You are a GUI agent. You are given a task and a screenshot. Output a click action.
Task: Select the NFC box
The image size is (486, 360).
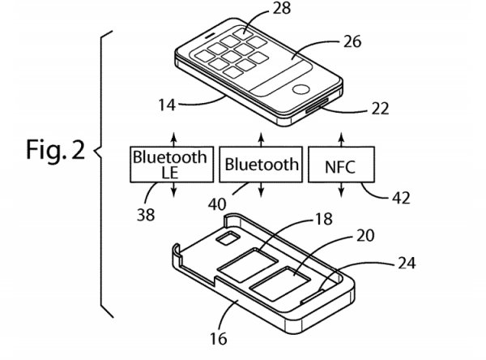341,164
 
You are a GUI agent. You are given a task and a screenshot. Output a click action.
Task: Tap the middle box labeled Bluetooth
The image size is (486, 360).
262,164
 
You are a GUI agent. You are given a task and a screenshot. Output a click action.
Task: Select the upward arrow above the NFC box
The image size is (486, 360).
341,135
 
